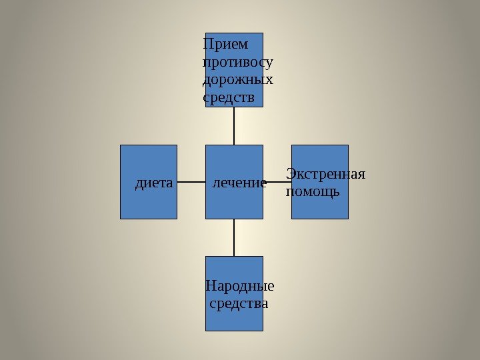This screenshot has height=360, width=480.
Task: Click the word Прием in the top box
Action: [x=224, y=45]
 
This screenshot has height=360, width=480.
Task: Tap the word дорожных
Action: [x=237, y=80]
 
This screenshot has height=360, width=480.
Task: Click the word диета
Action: [x=153, y=182]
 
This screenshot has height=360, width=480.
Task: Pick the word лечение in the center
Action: [x=239, y=182]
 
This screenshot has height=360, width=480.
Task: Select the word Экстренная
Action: [x=326, y=175]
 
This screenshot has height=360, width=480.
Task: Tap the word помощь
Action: [x=313, y=192]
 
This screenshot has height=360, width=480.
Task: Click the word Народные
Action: [x=239, y=287]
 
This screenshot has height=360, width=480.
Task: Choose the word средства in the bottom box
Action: [x=239, y=304]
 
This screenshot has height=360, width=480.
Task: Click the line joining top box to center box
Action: [x=235, y=126]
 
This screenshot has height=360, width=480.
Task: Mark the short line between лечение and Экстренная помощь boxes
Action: [x=278, y=182]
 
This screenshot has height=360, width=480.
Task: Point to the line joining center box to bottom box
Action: [x=235, y=237]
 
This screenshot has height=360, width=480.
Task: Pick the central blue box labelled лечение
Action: [x=234, y=203]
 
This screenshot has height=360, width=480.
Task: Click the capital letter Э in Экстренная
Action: [x=290, y=175]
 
